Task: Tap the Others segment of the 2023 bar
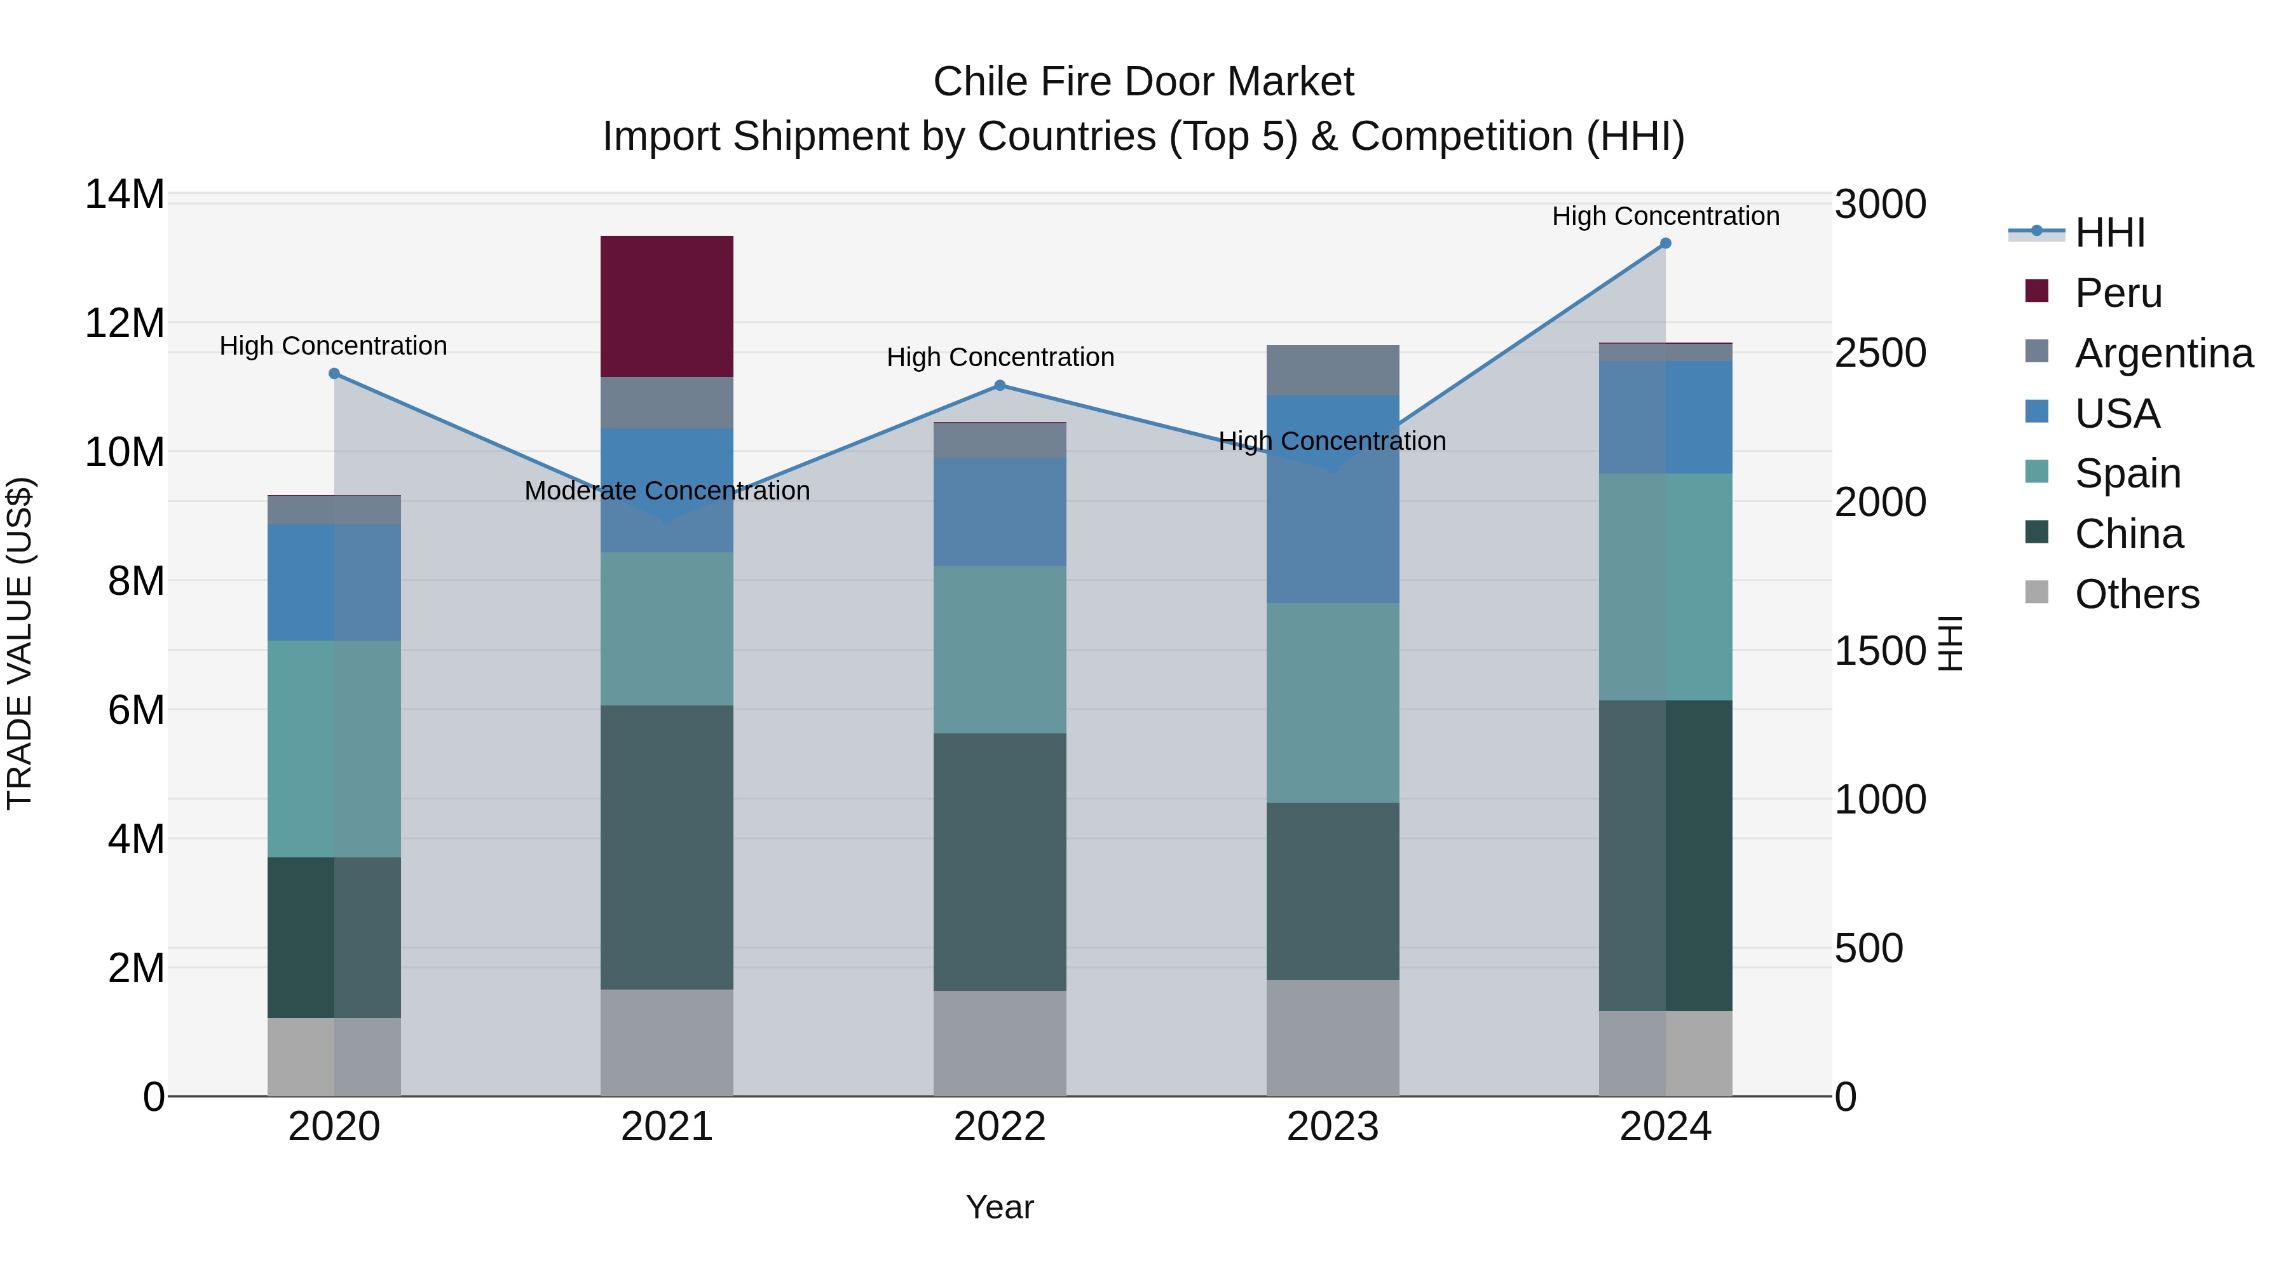(1332, 1037)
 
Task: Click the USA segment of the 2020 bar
(334, 582)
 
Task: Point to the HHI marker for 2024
(1665, 243)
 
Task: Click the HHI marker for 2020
(334, 374)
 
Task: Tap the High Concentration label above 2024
(1665, 216)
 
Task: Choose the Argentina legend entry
(2163, 353)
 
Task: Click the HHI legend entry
(2109, 233)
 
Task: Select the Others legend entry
(2136, 594)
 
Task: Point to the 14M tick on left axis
(125, 194)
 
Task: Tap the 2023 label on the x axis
(1332, 1127)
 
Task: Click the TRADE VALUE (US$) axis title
(20, 643)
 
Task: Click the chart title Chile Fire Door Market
(1143, 82)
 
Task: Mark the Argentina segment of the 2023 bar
(1332, 371)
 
